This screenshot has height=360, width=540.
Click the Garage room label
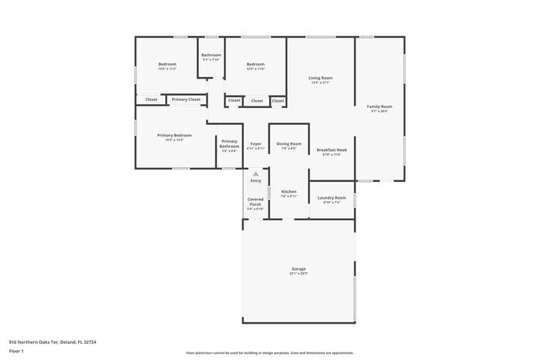point(299,268)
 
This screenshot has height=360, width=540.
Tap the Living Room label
point(320,78)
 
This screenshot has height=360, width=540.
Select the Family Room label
point(379,106)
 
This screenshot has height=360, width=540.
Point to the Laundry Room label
point(332,197)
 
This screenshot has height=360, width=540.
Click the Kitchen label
point(289,191)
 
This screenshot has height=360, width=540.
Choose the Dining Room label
point(289,143)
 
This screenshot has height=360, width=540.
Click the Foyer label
point(255,143)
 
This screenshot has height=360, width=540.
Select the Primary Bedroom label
point(174,135)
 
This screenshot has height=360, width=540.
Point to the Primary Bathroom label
point(229,143)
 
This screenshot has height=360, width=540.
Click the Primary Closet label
point(185,99)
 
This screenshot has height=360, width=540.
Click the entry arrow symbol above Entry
point(255,174)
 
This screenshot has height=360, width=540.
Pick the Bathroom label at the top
point(211,55)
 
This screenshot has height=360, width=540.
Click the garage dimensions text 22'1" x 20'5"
point(299,274)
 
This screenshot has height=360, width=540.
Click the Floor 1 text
point(16,352)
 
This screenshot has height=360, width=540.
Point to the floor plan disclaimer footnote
point(270,352)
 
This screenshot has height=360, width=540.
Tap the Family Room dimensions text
point(379,112)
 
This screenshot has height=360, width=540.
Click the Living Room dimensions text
point(320,83)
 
